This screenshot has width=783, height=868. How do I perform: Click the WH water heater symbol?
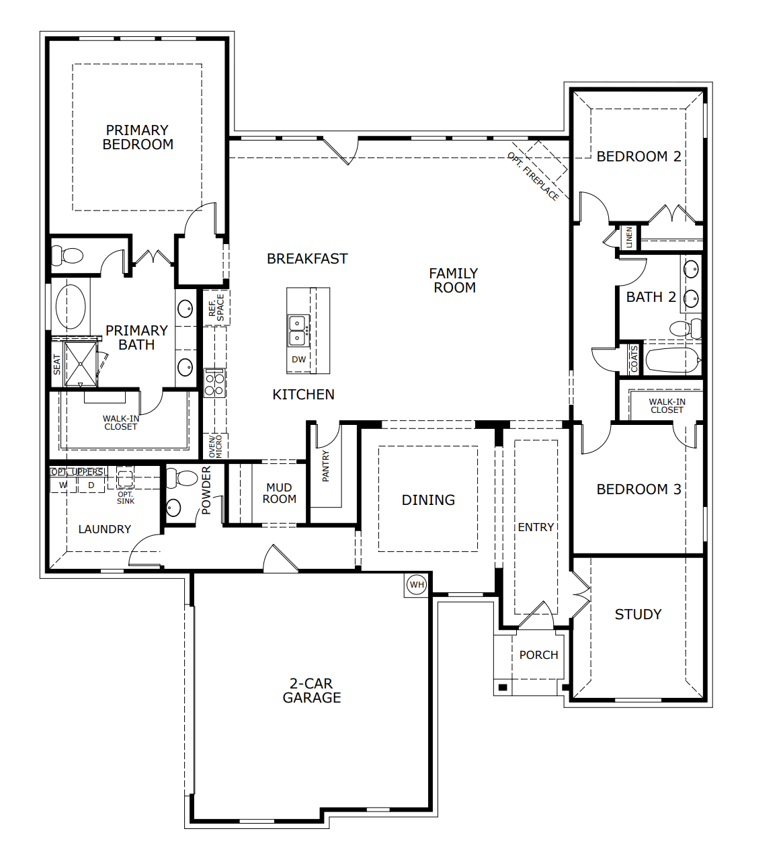(x=417, y=584)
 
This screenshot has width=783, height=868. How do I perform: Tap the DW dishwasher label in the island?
(x=299, y=360)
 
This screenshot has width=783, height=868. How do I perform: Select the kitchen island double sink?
(x=297, y=330)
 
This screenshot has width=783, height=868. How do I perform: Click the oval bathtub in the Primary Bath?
(x=71, y=307)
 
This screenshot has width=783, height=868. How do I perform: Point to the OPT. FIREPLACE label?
(x=532, y=176)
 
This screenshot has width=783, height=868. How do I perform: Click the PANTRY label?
(x=326, y=466)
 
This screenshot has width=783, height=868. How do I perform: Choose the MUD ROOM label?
(x=279, y=493)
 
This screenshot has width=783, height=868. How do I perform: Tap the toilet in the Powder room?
(x=181, y=478)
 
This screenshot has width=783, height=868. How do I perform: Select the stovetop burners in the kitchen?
(x=214, y=383)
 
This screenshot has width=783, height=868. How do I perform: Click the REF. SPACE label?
(x=216, y=307)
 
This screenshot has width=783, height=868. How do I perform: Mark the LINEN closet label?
(x=629, y=237)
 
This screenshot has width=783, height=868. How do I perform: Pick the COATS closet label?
(x=634, y=359)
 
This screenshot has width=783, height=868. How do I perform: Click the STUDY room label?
(x=638, y=614)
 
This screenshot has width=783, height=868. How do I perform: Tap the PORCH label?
(x=538, y=655)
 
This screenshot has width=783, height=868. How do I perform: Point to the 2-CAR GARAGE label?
(x=312, y=691)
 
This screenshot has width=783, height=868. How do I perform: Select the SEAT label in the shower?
(x=57, y=364)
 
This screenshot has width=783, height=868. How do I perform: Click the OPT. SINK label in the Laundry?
(x=126, y=498)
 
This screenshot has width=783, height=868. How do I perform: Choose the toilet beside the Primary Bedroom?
(x=67, y=255)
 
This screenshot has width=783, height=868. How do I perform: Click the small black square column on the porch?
(x=502, y=687)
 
